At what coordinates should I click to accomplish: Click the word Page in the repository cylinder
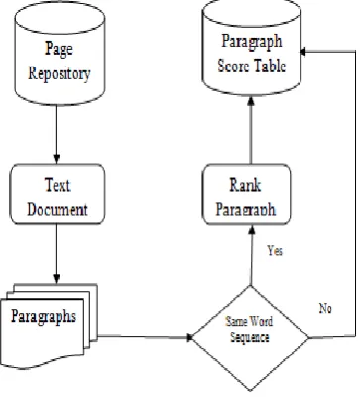[59, 49]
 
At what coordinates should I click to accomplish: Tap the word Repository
[60, 73]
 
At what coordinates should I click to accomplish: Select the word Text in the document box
[58, 185]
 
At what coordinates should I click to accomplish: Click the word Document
[58, 209]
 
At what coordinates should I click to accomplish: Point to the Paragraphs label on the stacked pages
[44, 316]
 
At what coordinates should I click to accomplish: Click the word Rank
[245, 185]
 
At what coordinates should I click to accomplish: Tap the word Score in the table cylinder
[233, 66]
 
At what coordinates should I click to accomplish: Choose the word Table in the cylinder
[270, 66]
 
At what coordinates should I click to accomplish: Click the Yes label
[275, 251]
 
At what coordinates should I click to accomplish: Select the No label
[325, 308]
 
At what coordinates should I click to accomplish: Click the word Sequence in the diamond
[250, 337]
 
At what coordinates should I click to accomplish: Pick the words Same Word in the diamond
[249, 321]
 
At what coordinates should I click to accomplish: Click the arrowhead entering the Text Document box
[57, 158]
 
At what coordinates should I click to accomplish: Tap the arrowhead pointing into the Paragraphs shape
[57, 278]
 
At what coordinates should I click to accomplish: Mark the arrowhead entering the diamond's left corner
[189, 337]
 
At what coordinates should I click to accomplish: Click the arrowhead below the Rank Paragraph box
[251, 230]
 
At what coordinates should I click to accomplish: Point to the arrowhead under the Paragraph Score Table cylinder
[251, 101]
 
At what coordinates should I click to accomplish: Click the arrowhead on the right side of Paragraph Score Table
[302, 52]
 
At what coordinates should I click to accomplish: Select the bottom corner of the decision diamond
[251, 391]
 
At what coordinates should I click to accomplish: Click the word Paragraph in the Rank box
[246, 209]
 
